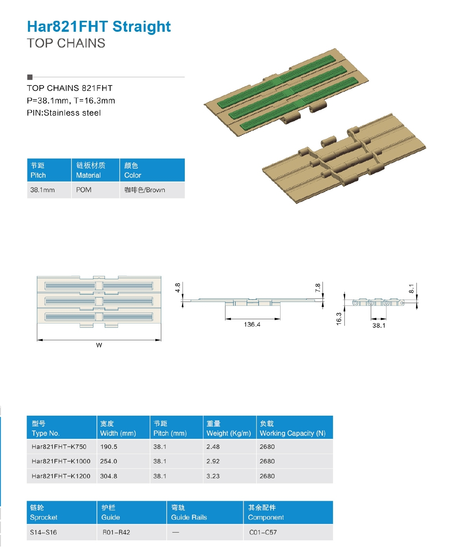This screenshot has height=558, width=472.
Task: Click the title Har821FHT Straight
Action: click(99, 27)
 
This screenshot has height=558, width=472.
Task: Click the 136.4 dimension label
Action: click(252, 325)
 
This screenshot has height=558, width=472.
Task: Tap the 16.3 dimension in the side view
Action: click(339, 318)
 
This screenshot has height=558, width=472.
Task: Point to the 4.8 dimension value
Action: click(178, 288)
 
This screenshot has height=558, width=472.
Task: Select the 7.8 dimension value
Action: click(318, 288)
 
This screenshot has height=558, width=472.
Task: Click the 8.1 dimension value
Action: click(411, 289)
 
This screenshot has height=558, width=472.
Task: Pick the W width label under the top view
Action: click(99, 345)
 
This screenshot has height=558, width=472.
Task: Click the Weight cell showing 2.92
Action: click(213, 462)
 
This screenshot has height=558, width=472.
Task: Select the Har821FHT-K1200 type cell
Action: click(61, 476)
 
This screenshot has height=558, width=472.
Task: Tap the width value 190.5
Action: click(109, 447)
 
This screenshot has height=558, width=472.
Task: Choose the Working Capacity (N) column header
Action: click(293, 433)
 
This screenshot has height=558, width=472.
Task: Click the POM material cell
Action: click(84, 190)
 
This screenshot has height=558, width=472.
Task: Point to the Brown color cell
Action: click(145, 190)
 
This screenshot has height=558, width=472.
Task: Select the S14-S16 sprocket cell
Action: click(44, 533)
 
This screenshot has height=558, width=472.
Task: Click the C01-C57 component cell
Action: click(263, 533)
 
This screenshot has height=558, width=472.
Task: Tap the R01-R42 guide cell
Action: click(116, 533)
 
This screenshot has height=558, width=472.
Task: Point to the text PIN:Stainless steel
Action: click(64, 113)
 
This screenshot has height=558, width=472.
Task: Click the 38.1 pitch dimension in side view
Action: click(379, 325)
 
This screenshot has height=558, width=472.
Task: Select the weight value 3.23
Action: click(213, 476)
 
